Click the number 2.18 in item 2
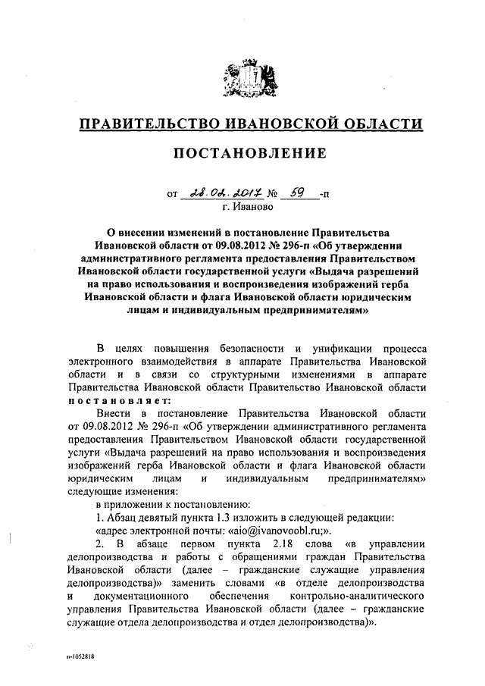coord(283,545)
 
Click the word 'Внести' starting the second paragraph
coord(112,414)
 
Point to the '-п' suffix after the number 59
coord(325,195)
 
